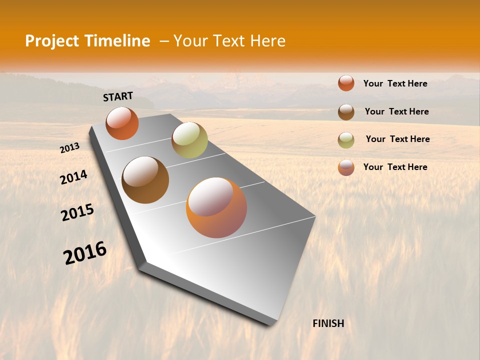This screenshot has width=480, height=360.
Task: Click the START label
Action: (x=118, y=96)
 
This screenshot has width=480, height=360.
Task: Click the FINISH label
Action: (x=328, y=323)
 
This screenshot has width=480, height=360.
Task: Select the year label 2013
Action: (x=69, y=148)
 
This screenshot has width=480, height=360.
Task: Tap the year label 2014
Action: (x=73, y=177)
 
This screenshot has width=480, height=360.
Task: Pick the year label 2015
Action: (x=77, y=212)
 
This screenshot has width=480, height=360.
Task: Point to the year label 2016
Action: (x=85, y=253)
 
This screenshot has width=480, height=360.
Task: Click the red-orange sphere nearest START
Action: (x=122, y=123)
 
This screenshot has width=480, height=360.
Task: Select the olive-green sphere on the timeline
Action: (x=189, y=140)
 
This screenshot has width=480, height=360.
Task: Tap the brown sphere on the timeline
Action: (x=145, y=179)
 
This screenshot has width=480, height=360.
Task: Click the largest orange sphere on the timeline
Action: (x=216, y=207)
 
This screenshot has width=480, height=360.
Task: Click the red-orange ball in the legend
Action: (x=346, y=83)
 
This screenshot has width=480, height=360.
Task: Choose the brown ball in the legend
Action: (x=346, y=112)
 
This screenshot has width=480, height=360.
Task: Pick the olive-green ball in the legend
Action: (x=346, y=140)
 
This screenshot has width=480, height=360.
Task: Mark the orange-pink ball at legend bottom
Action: (x=346, y=167)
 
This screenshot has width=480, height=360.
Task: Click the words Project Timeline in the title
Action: (x=87, y=41)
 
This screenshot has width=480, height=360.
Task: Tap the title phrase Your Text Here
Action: (x=229, y=41)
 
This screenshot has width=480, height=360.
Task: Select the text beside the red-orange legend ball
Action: (x=395, y=83)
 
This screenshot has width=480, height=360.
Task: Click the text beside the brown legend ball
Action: (x=396, y=111)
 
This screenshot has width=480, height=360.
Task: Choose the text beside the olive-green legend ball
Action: (x=397, y=139)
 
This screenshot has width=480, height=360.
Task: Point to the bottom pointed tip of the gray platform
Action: (x=270, y=325)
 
